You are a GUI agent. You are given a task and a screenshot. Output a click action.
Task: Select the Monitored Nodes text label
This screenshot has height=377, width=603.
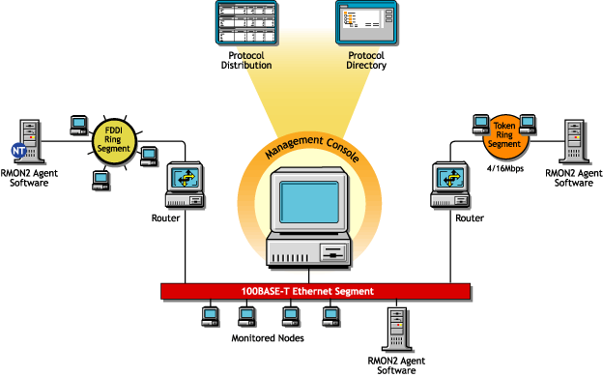click(x=268, y=339)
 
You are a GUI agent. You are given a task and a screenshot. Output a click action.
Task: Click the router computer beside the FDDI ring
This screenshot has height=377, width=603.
click(x=184, y=183)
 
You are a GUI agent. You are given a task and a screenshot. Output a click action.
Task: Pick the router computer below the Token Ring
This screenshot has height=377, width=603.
click(x=446, y=183)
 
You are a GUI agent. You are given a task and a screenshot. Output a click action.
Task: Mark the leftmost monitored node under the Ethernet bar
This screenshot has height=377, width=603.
click(x=208, y=315)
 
